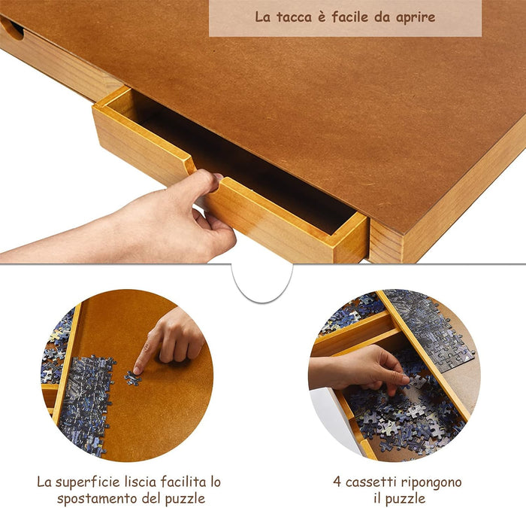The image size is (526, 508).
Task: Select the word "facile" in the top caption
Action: pos(348,17)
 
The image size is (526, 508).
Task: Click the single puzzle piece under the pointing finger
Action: pos(134,379)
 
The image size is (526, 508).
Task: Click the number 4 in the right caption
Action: pos(337,482)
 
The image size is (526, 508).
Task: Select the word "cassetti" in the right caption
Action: pos(373,482)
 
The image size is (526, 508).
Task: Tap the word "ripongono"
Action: pos(432,482)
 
